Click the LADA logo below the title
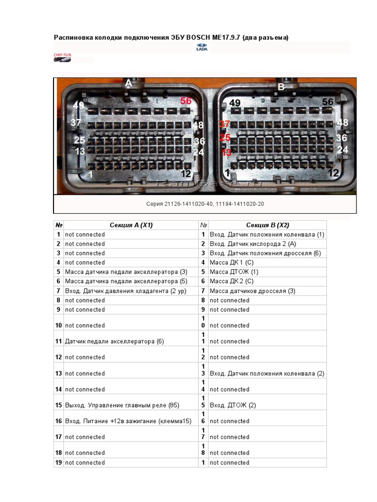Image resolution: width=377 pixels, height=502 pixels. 202,47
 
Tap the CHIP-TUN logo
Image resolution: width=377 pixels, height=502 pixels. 62,58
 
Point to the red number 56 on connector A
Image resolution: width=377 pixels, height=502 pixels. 186,100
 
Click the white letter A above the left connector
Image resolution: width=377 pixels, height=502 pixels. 129,83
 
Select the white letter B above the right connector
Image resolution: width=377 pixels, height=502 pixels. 281,87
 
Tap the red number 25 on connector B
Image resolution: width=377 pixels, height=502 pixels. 225,138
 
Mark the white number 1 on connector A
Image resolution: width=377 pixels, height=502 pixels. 90,173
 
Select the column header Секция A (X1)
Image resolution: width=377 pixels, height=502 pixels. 131,225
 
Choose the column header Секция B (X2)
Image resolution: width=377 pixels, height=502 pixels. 268,225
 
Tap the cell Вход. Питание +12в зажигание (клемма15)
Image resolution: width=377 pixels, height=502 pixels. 128,421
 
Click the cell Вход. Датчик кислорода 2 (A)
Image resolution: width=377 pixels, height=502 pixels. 253,244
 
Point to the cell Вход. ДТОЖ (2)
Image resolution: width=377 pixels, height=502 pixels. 233,405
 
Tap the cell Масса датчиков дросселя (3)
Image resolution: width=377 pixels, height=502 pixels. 252,291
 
